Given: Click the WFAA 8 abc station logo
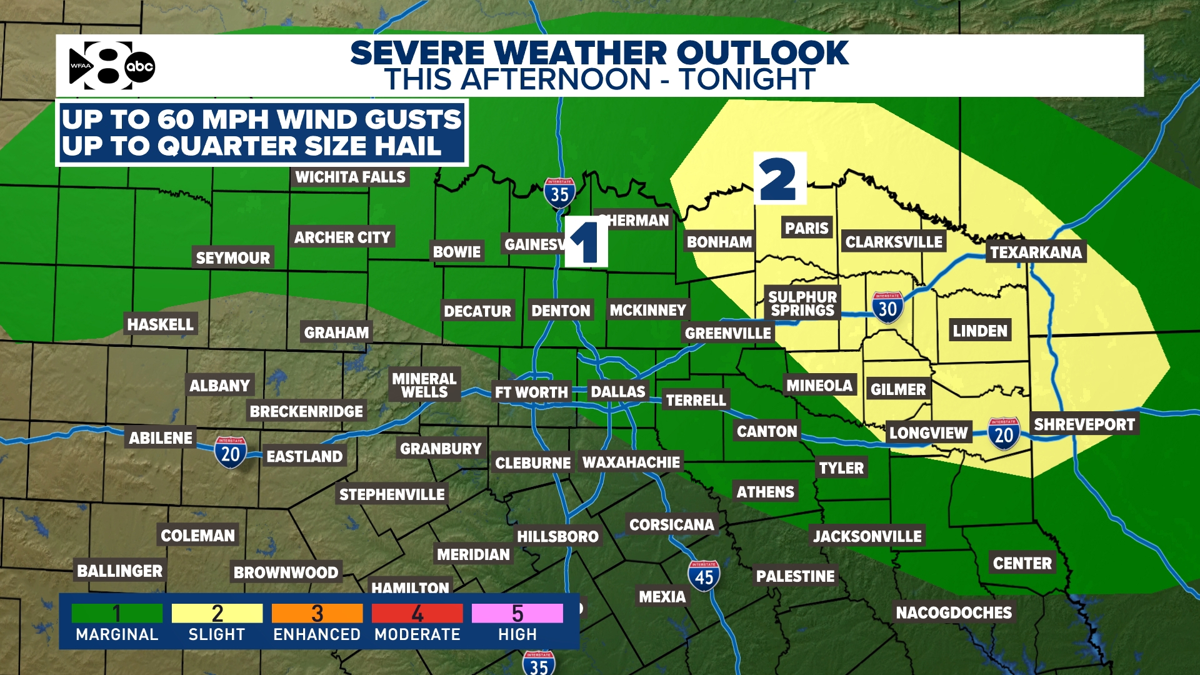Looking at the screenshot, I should coord(111,66).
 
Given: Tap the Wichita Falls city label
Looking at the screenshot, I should coord(350,177).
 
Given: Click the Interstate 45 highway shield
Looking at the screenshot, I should coord(704,576).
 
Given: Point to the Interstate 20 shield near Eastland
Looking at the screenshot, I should coord(231,452).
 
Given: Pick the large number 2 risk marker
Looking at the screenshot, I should coord(779,179).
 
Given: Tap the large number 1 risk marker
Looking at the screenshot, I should coord(586,242).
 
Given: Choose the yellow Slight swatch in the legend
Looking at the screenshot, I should coord(217,613).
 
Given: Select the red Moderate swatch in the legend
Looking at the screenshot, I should coord(417,613).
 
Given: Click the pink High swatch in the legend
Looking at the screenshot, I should coord(517,613).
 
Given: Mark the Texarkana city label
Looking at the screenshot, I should coord(1036,252).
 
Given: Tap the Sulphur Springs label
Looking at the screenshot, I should coord(802,304).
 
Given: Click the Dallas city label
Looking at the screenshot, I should coord(617,392).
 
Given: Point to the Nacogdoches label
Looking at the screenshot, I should coord(953,612).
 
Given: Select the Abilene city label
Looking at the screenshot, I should coord(161,438).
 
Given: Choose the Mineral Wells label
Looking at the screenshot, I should coord(424,385).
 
